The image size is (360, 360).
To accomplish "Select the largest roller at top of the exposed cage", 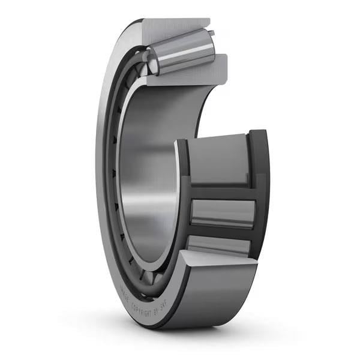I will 219,159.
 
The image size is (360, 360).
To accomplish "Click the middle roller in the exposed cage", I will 222,213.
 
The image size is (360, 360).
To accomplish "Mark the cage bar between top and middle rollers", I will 222,191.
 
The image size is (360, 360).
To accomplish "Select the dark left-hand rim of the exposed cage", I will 183,192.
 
